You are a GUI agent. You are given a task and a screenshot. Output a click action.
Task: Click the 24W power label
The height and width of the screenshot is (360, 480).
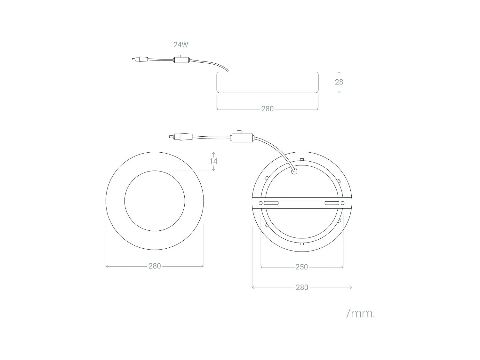point(181,45)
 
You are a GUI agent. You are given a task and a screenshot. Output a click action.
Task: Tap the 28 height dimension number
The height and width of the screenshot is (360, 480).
point(339,82)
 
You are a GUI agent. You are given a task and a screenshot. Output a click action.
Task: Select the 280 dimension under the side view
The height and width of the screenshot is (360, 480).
point(268,109)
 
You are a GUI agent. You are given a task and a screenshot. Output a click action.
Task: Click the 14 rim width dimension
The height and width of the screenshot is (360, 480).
point(213,161)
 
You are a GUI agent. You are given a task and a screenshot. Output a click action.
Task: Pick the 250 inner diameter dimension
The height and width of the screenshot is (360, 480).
point(302,267)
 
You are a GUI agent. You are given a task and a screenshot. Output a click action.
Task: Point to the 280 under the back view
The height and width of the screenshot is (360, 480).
point(302,287)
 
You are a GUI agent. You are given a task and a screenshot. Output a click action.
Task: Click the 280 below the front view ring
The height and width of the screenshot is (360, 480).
point(155,266)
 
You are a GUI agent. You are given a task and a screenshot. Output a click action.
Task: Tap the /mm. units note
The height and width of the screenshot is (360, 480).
point(360,314)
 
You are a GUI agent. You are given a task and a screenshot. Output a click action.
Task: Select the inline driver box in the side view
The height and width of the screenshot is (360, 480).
point(181,60)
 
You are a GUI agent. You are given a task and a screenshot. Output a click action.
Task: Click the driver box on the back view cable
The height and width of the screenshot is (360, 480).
point(242,137)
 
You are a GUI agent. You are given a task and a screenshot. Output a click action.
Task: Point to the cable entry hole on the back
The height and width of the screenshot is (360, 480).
point(294,172)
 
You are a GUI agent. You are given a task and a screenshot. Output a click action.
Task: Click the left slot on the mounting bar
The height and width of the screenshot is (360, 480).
point(271,203)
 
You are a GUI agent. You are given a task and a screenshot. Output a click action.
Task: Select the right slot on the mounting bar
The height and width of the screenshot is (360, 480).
point(332,203)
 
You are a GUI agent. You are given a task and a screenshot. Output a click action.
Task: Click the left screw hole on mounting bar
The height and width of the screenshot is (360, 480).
point(260,203)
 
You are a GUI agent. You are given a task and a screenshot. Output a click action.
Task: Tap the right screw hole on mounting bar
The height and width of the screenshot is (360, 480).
point(342,203)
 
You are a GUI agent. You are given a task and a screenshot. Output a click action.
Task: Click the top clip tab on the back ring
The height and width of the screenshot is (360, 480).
point(302,159)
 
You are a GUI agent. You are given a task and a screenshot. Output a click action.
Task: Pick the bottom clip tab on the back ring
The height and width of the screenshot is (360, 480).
point(302,244)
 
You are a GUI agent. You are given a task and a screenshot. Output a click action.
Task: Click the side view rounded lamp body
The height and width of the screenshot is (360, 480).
point(268,83)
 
